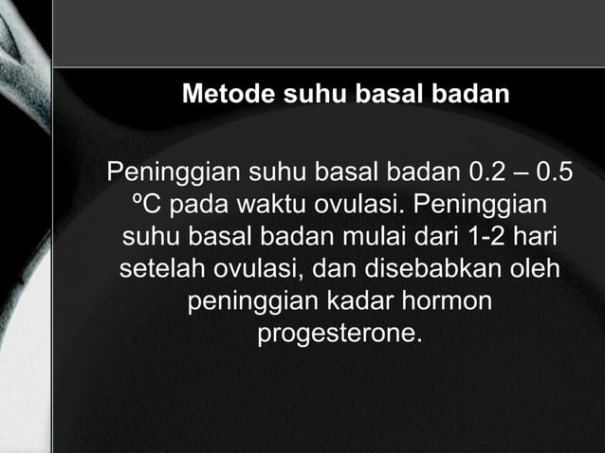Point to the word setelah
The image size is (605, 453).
(159, 270)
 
